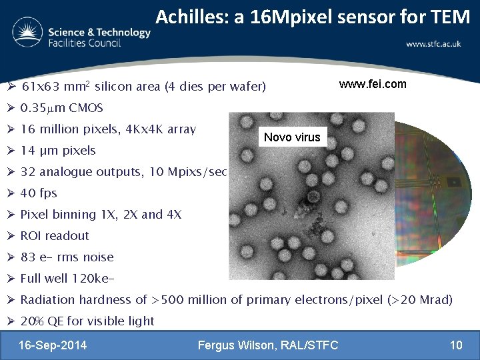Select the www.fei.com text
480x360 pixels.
tap(372, 85)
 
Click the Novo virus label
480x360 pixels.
tap(292, 137)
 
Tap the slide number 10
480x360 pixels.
tap(456, 345)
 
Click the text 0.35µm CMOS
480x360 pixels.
tap(61, 108)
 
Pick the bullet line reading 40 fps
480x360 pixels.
tap(39, 193)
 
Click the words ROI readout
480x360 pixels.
tap(55, 236)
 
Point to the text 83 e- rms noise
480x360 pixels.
tap(67, 257)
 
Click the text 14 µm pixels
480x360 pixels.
tap(58, 151)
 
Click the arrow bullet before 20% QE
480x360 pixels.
tap(11, 321)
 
